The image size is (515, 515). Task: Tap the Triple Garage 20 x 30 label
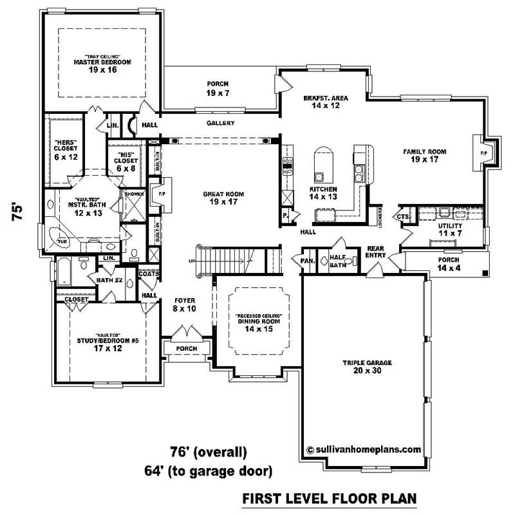click(x=366, y=366)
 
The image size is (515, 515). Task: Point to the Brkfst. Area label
click(x=326, y=102)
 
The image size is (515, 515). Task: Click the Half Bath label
click(x=337, y=261)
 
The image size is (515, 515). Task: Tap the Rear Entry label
click(x=376, y=251)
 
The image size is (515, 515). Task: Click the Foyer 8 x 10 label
click(x=185, y=305)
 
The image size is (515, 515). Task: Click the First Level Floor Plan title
click(x=329, y=498)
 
